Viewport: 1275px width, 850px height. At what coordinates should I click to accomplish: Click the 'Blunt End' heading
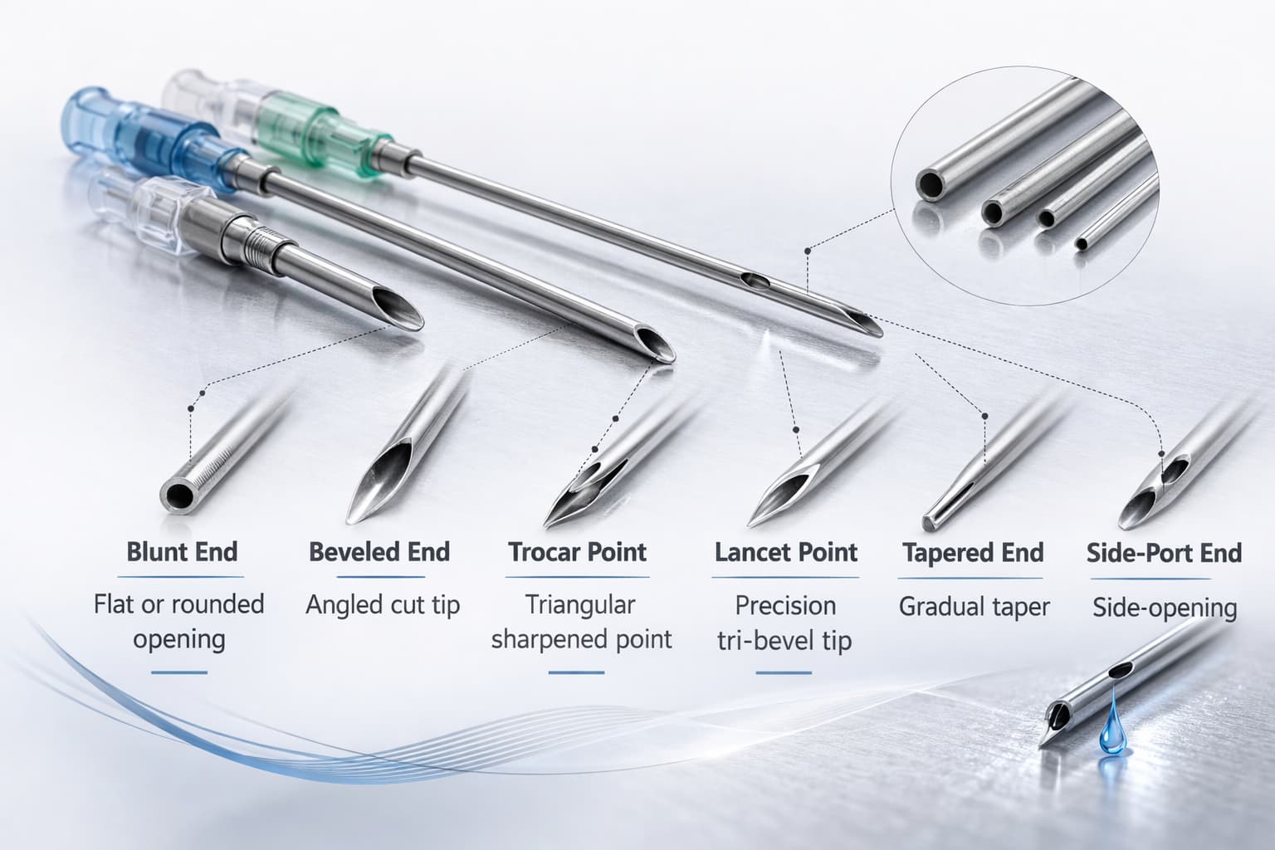click(x=182, y=552)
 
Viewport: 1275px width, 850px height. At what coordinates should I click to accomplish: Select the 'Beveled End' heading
click(x=379, y=552)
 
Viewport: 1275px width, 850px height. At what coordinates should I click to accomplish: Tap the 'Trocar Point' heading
click(x=578, y=552)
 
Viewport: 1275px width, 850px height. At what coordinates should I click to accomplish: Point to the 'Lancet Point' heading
click(x=786, y=552)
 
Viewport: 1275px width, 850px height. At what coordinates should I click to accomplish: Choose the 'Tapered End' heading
click(x=973, y=553)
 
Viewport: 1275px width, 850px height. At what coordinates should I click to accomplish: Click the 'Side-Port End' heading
click(x=1164, y=553)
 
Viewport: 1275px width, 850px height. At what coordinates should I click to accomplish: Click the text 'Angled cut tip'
click(x=382, y=605)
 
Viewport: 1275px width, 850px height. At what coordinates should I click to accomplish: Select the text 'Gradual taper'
click(x=975, y=607)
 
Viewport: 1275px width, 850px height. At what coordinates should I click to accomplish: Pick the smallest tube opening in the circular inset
click(x=1082, y=244)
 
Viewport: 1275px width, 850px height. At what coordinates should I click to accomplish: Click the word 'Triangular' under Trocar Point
click(x=580, y=605)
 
